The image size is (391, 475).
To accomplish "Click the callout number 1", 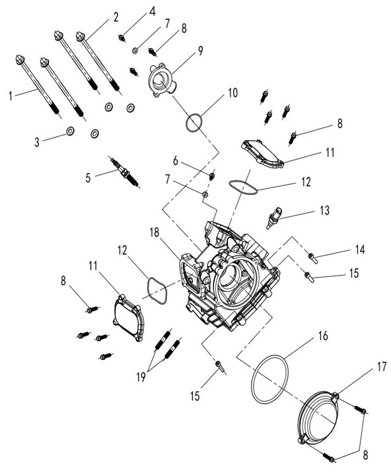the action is (11, 96).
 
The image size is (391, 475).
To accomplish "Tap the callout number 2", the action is (116, 17).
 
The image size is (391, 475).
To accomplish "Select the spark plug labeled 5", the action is (125, 172).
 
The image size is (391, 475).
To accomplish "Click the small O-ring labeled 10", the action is (194, 123).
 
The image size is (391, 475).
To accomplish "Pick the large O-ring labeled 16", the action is (269, 379).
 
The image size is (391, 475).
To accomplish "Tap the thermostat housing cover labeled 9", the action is (161, 81).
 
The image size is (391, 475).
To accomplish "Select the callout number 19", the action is (141, 377).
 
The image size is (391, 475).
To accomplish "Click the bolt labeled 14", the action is (313, 258).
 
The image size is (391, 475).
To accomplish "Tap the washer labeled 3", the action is (70, 131).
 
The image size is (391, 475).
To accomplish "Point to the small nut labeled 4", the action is (122, 38).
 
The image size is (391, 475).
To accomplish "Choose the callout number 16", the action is (323, 336).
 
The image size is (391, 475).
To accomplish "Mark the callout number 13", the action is (325, 210).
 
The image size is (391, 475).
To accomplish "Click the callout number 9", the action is (201, 51).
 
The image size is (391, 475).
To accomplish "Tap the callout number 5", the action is (88, 178).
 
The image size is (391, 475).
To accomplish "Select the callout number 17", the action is (381, 367).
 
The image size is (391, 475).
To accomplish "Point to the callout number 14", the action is (360, 250).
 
